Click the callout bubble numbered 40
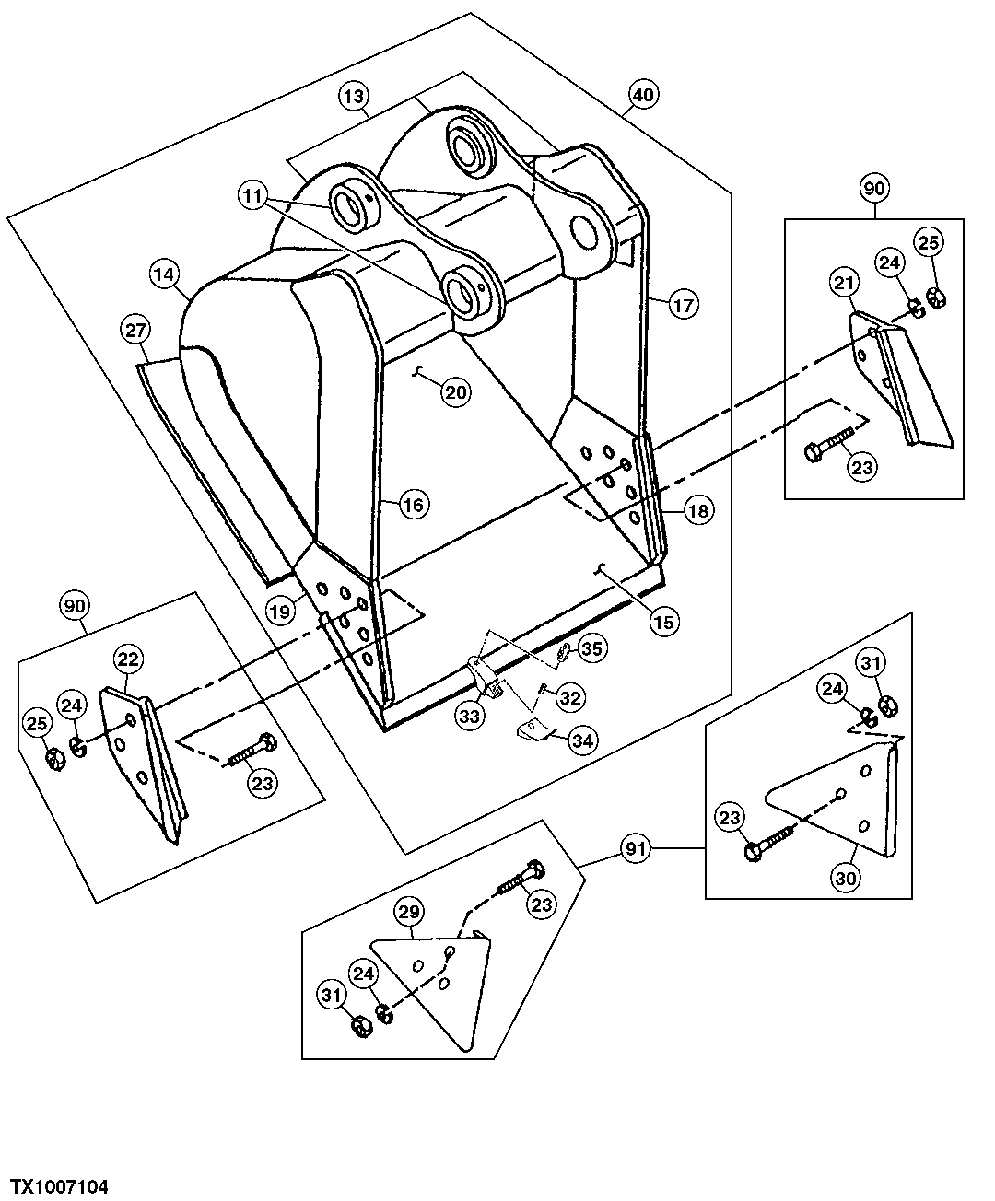coord(643,94)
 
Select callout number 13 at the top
coord(355,95)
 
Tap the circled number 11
coord(253,195)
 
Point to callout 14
coord(164,274)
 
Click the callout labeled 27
coord(135,330)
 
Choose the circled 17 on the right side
coord(684,305)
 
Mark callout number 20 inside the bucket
coord(456,391)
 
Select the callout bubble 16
coord(413,504)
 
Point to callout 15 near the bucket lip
coord(662,621)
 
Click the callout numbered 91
coord(636,848)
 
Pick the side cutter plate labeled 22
coord(138,755)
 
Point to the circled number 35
coord(591,649)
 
